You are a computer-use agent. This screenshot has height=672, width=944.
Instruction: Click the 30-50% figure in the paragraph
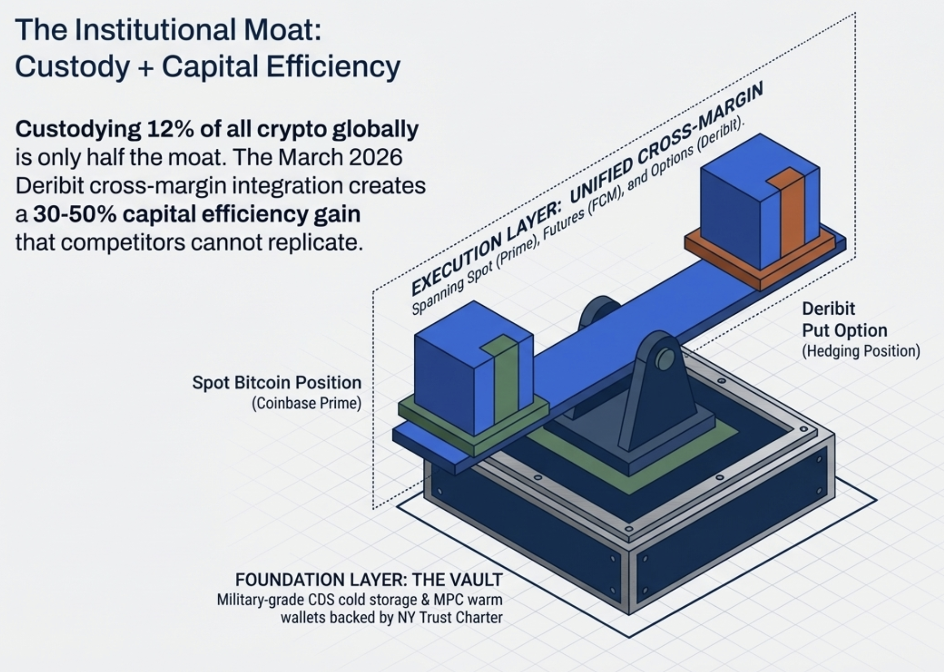[x=73, y=215]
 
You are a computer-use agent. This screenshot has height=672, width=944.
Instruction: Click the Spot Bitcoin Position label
[x=277, y=383]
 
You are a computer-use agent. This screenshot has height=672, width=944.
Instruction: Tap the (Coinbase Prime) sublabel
[x=306, y=403]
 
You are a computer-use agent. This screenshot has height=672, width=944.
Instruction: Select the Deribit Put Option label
[x=844, y=319]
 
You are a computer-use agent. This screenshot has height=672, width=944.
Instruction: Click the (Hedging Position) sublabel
[x=860, y=351]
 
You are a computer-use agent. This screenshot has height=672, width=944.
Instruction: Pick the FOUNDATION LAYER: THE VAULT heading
[x=369, y=579]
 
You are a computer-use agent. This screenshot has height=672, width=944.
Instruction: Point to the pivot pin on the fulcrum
[x=664, y=359]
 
